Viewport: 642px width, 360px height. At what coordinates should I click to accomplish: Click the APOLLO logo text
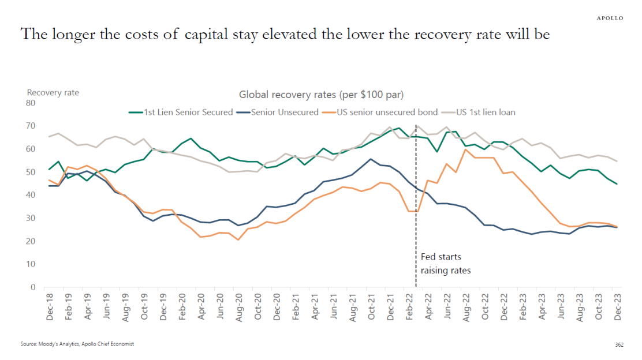tap(610, 18)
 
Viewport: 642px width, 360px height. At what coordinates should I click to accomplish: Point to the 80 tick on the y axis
tap(31, 103)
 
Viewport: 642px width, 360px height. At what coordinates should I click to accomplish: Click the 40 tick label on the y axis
tap(31, 195)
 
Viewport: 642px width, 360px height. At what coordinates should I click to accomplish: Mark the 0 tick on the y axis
tap(33, 287)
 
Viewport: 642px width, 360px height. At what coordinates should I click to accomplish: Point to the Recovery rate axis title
tap(53, 92)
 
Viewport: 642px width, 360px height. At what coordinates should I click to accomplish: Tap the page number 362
tap(619, 344)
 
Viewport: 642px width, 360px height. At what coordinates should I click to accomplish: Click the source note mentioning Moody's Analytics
tap(77, 344)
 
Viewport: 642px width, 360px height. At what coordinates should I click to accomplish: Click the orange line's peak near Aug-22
tap(465, 149)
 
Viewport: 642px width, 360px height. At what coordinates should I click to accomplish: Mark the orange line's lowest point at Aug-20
tap(238, 239)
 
